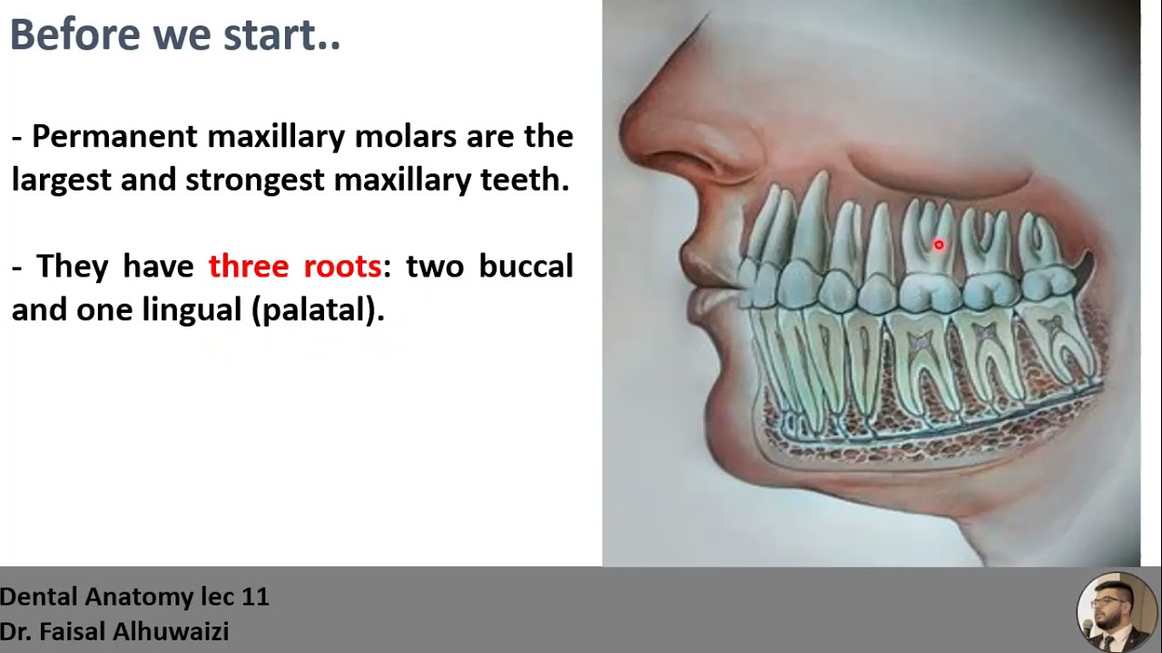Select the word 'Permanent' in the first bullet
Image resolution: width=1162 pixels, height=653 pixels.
click(x=113, y=137)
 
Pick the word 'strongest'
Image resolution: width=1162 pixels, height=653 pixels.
click(x=254, y=180)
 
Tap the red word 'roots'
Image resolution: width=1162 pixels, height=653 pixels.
click(x=342, y=267)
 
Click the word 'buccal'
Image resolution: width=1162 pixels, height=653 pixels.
click(x=526, y=267)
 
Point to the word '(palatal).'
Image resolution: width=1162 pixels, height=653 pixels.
click(x=318, y=310)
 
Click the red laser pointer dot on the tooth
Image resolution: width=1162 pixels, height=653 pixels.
click(x=939, y=245)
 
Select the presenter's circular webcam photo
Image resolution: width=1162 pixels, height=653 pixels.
click(x=1116, y=612)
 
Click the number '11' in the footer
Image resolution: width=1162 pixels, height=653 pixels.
click(x=255, y=597)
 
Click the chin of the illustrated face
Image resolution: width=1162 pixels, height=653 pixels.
click(x=726, y=426)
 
